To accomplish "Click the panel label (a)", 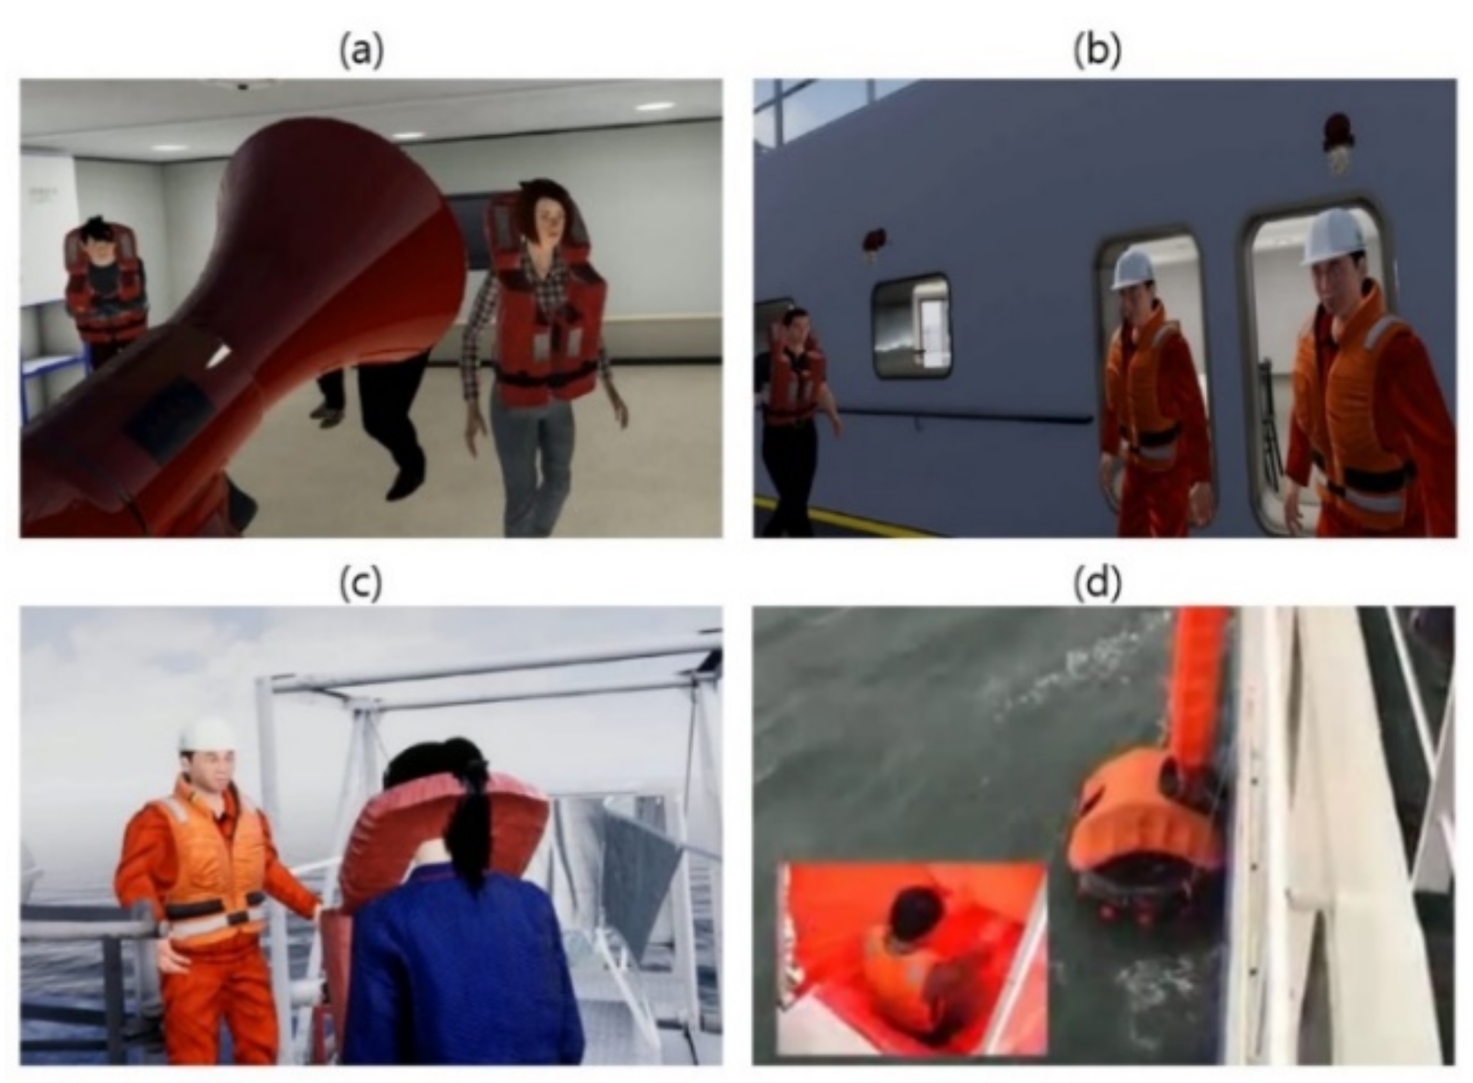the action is [362, 51].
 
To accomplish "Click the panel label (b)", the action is [1097, 51].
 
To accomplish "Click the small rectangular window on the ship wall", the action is [910, 326].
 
